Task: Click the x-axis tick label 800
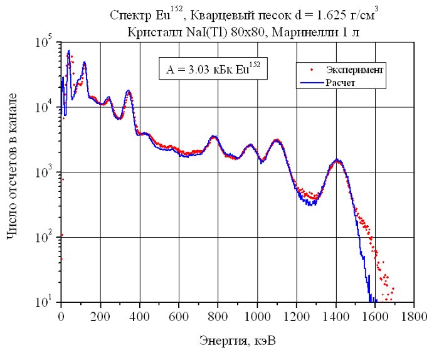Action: (x=218, y=317)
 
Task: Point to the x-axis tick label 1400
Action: (x=336, y=317)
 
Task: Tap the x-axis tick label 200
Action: (x=100, y=317)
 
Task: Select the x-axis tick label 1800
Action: (x=413, y=317)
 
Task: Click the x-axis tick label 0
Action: (x=61, y=317)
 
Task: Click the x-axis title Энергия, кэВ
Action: (x=238, y=341)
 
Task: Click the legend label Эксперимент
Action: (x=354, y=70)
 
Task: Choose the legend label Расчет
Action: (x=340, y=83)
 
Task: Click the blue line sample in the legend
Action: (x=312, y=83)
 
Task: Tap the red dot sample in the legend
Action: (x=312, y=70)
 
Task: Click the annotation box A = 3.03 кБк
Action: (x=213, y=68)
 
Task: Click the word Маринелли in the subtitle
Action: (x=303, y=33)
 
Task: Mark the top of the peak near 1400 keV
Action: (x=337, y=159)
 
